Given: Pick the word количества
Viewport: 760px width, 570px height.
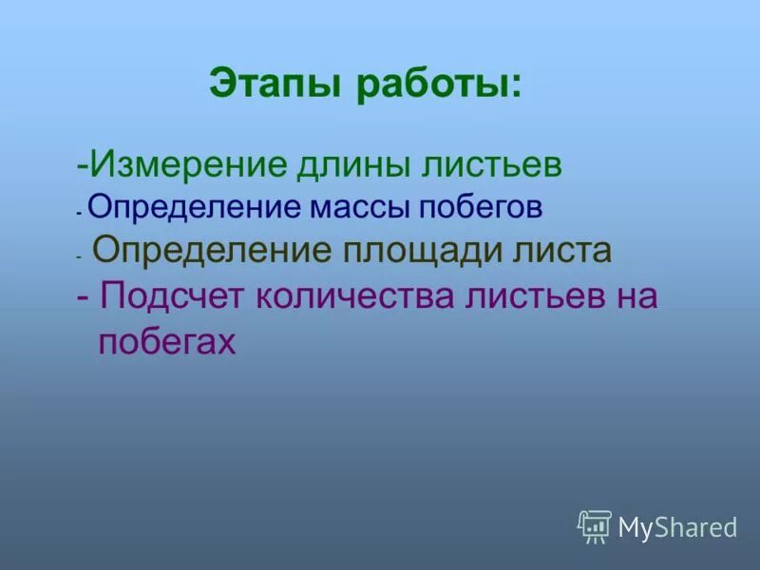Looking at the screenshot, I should tap(353, 296).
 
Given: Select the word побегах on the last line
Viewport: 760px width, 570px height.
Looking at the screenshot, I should tap(167, 342).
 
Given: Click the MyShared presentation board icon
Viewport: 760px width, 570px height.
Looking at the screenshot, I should tap(595, 525).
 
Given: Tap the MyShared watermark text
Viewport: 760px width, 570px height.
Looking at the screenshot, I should tap(677, 526).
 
